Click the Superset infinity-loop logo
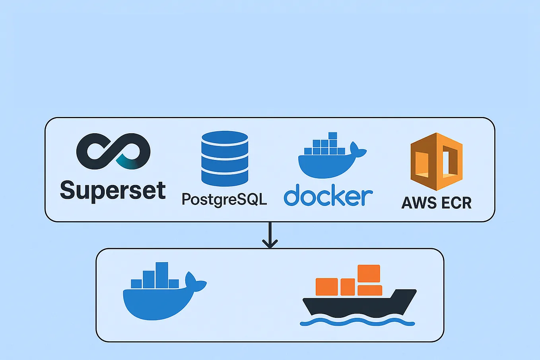(x=113, y=152)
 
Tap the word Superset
(x=113, y=191)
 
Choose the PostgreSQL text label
(x=224, y=199)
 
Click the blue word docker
(x=328, y=195)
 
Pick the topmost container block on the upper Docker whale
(x=333, y=136)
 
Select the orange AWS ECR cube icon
(x=436, y=162)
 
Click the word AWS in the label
(x=418, y=203)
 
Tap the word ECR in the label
(x=456, y=203)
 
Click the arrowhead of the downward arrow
(x=270, y=243)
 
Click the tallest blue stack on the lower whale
(x=162, y=274)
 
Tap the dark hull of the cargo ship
(x=358, y=304)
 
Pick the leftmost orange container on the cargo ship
(x=326, y=287)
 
